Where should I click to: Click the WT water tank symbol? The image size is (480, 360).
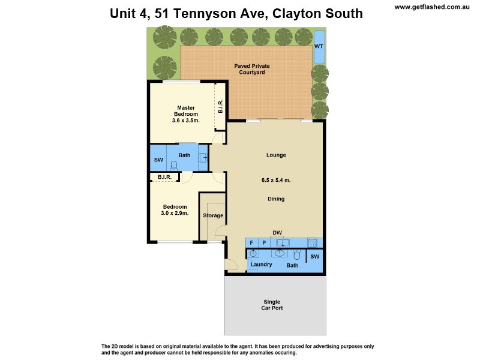(x=320, y=46)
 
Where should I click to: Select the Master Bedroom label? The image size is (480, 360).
(x=185, y=111)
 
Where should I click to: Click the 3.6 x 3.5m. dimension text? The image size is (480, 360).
(x=185, y=121)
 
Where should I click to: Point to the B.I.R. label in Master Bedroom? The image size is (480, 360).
(x=220, y=107)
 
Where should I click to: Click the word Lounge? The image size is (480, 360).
(x=276, y=155)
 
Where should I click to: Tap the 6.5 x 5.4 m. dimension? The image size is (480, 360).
(x=276, y=180)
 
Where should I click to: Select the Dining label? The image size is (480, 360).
(x=276, y=199)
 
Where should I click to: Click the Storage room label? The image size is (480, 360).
(x=213, y=215)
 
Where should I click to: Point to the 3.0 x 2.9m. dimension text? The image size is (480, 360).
(x=175, y=213)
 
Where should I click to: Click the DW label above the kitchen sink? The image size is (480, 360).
(x=277, y=233)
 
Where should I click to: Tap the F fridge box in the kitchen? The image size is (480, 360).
(x=251, y=243)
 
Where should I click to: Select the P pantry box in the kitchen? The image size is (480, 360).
(x=263, y=243)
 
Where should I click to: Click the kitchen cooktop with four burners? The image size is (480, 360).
(x=312, y=243)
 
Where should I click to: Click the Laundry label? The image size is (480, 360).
(x=261, y=265)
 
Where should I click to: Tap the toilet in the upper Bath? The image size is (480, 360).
(x=175, y=166)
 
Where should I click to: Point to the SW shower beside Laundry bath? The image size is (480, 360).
(x=314, y=257)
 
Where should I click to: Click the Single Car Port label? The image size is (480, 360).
(x=272, y=305)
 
